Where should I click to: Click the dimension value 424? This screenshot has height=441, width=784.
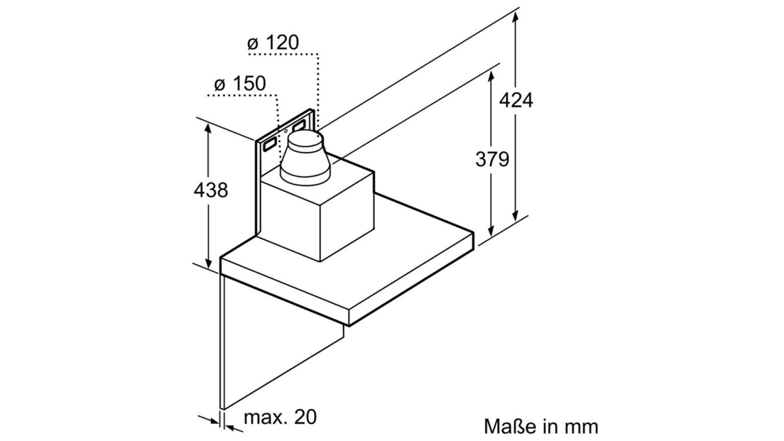(516, 100)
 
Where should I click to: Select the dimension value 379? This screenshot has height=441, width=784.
(492, 159)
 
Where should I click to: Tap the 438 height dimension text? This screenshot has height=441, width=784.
(211, 190)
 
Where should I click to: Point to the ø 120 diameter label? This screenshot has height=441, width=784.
(273, 42)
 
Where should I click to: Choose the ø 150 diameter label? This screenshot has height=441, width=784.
(240, 84)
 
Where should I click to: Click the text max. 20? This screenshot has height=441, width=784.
(280, 417)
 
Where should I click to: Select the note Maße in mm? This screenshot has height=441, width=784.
(541, 426)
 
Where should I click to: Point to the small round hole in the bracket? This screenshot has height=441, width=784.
(285, 131)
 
